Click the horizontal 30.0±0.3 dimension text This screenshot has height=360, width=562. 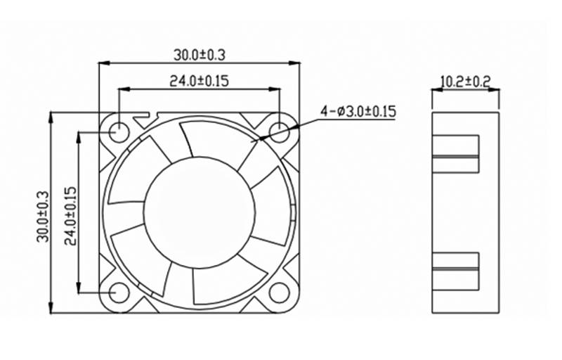pos(200,56)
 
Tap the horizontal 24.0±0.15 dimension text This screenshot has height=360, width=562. pos(199,81)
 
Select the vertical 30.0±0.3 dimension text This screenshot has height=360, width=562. pos(43,217)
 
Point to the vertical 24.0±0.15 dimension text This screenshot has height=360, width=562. pos(70,216)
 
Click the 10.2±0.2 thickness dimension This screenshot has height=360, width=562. pos(465,82)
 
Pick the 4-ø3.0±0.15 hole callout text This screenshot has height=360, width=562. pos(358,112)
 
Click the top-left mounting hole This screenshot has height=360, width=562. pos(119,133)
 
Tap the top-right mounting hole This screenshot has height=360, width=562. pos(279,133)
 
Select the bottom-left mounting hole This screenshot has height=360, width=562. pos(119,292)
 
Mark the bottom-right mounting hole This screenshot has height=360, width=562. pos(279,292)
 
